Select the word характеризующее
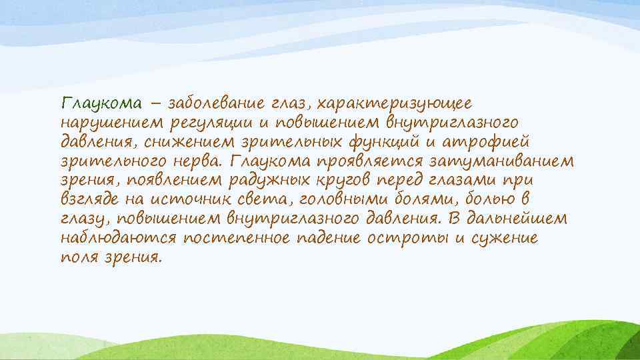pos(394,104)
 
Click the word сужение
pos(504,238)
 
